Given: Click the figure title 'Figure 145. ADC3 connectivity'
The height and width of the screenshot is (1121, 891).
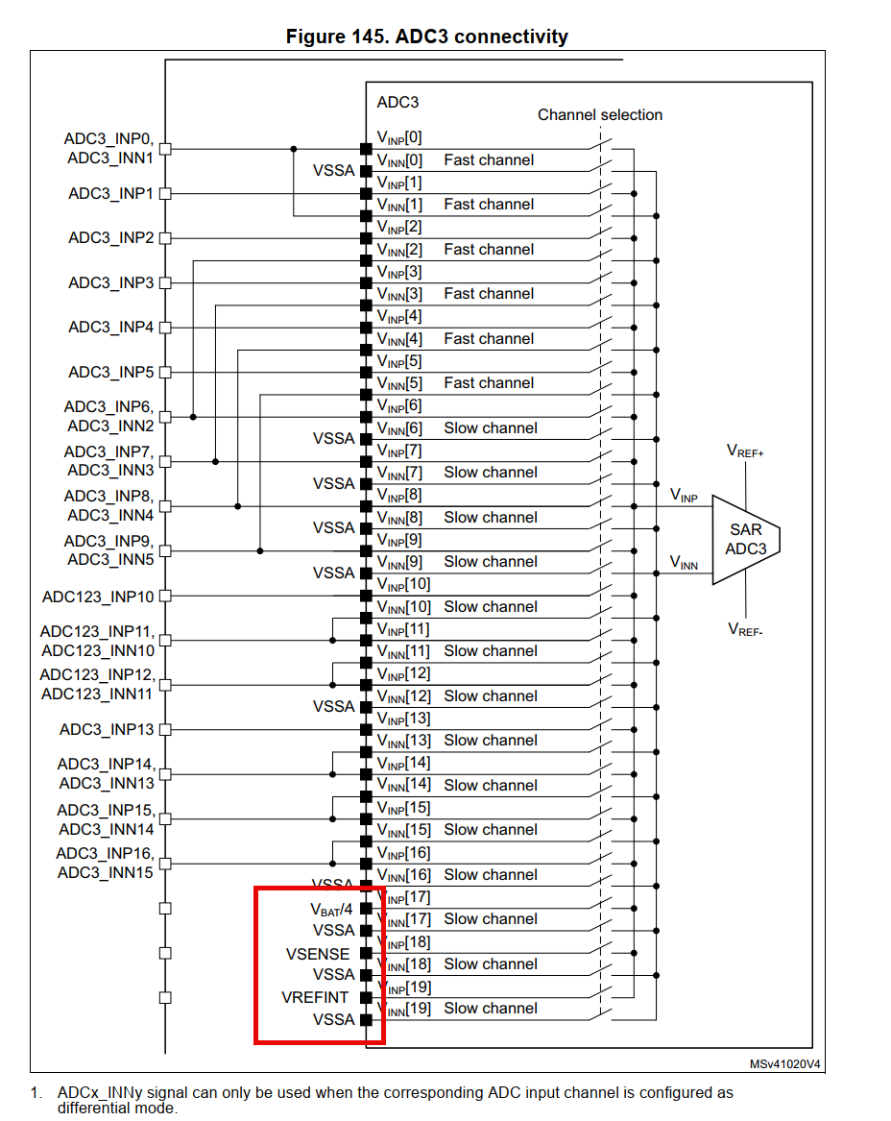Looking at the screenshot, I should (x=427, y=37).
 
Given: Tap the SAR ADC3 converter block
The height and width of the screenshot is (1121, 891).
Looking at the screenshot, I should (x=746, y=540).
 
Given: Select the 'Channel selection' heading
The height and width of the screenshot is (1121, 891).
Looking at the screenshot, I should (x=599, y=115).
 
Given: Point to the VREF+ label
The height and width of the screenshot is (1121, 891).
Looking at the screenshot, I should (x=745, y=451).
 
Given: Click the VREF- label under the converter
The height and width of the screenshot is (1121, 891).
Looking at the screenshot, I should (x=745, y=630).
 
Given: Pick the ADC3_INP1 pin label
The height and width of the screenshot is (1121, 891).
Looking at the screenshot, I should (x=110, y=194).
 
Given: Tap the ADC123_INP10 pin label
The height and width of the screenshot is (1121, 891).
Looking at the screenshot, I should (x=97, y=597).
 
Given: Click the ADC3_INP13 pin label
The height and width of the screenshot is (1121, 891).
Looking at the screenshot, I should (x=106, y=730).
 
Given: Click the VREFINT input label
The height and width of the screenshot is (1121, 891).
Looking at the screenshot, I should (x=316, y=997).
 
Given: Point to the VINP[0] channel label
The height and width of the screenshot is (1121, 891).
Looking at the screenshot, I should (x=398, y=137).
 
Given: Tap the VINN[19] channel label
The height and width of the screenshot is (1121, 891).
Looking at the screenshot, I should (x=404, y=1009).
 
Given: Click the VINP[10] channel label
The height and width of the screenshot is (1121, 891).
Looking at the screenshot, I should (x=403, y=584).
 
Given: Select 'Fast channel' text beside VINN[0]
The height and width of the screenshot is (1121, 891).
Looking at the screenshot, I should (x=489, y=160).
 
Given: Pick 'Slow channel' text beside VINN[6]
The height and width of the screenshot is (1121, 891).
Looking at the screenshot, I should (x=490, y=428).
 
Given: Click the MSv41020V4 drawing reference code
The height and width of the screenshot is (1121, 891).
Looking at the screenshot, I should (x=785, y=1064).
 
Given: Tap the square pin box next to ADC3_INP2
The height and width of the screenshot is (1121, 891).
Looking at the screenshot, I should (x=165, y=238).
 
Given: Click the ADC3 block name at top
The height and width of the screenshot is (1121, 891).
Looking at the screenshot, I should (x=397, y=102).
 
